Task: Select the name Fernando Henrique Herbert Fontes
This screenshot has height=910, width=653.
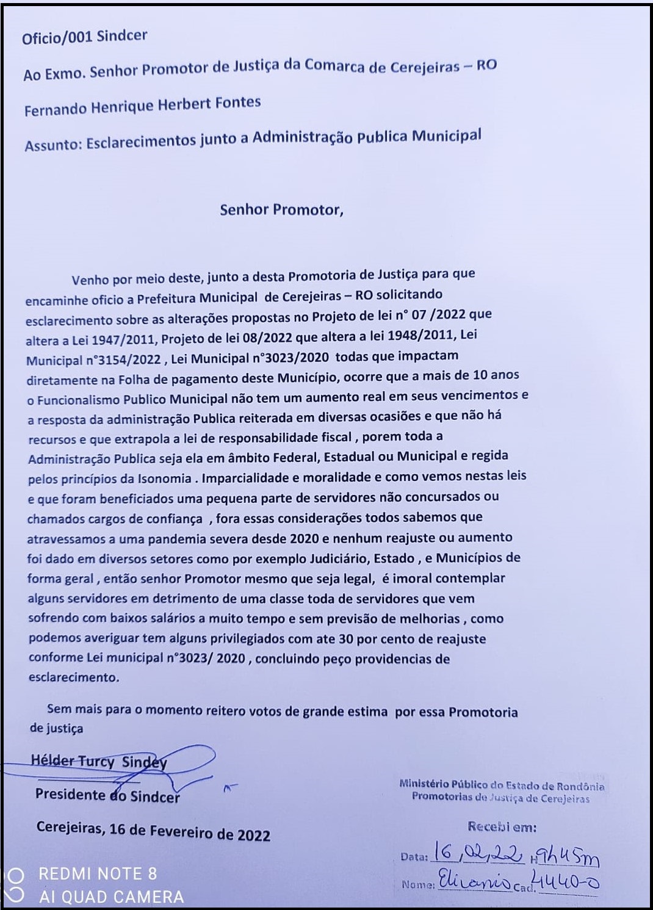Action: click(x=142, y=106)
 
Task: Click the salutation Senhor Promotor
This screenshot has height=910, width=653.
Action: click(x=281, y=209)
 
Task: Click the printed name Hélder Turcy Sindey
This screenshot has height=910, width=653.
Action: click(x=99, y=761)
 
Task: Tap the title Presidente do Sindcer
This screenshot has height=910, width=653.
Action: click(x=107, y=795)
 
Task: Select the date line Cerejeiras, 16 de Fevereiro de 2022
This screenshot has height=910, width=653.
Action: click(x=153, y=831)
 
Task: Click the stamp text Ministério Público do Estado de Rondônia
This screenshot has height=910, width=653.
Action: click(x=502, y=785)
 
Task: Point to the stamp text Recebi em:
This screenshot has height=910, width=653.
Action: click(x=502, y=828)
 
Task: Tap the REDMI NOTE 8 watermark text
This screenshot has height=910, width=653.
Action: click(x=98, y=874)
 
